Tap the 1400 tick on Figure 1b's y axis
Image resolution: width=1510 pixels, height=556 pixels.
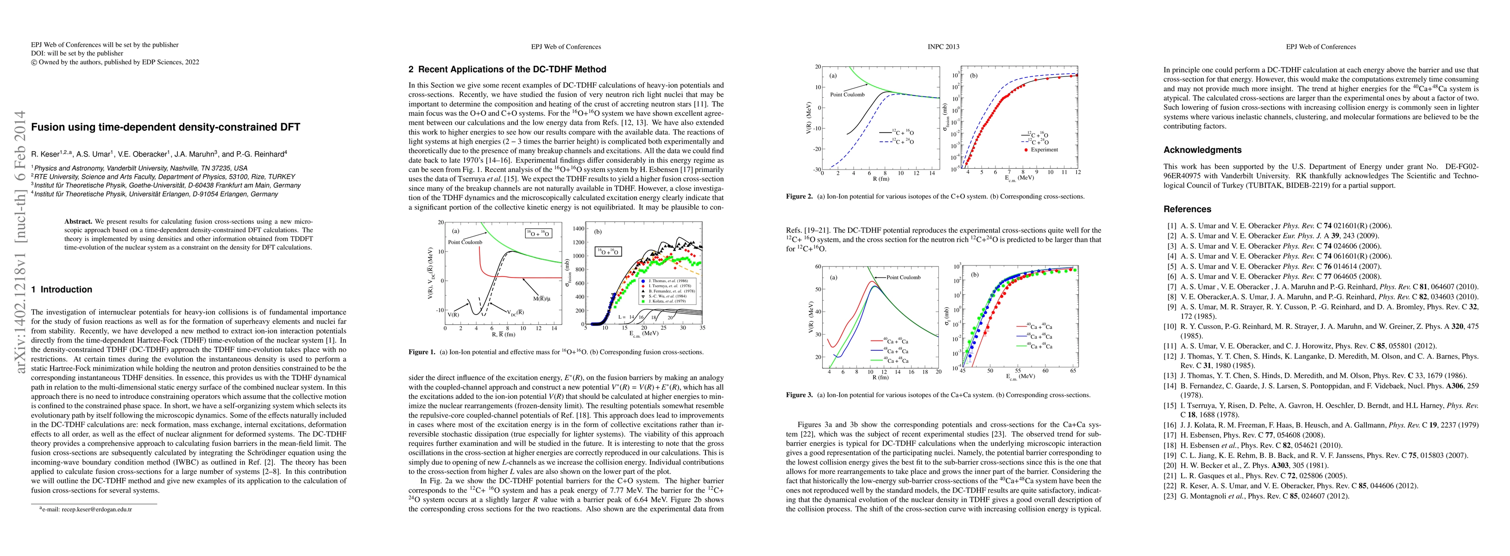[578, 229]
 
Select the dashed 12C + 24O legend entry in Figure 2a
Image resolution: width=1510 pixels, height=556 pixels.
[896, 142]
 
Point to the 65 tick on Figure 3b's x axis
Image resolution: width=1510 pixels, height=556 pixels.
[1073, 371]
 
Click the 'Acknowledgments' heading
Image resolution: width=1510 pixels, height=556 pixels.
[1202, 150]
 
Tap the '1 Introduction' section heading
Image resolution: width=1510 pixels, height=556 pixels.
[62, 290]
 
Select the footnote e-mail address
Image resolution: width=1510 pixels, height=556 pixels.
[88, 510]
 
